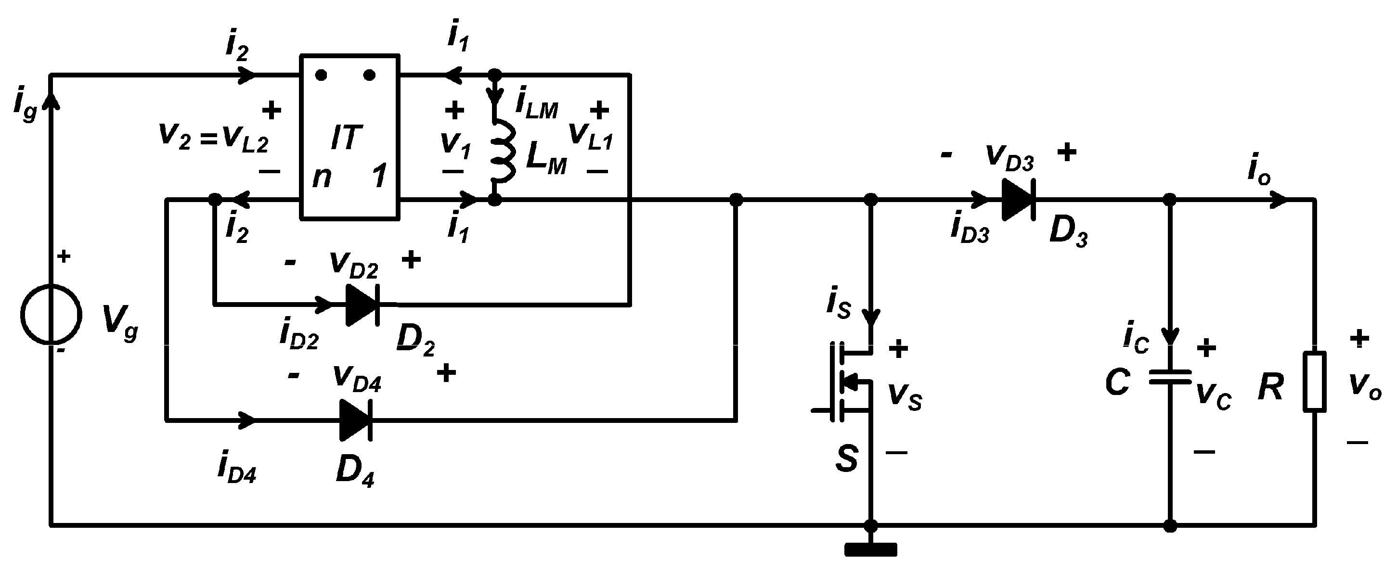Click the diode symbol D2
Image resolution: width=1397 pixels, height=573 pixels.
(362, 305)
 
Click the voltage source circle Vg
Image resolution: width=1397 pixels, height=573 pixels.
(52, 315)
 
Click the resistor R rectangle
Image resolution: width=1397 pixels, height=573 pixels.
(1315, 382)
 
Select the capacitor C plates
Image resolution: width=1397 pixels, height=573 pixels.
(1170, 377)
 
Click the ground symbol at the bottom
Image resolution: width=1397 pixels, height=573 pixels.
(870, 550)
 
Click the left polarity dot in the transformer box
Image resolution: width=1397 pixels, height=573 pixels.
(321, 76)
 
